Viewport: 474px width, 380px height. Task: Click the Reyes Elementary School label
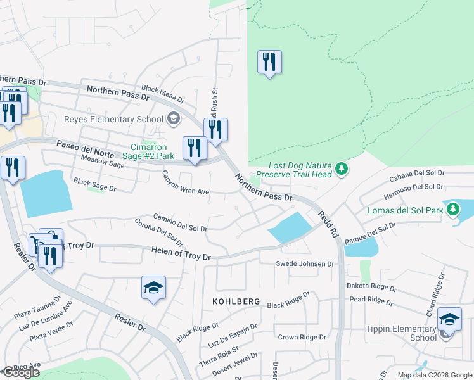113,120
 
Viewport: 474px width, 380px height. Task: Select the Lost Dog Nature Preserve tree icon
342,168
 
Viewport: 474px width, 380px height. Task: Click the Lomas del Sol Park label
406,210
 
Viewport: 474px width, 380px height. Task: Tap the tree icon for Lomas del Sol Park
452,210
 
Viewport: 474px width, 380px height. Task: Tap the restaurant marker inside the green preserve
269,63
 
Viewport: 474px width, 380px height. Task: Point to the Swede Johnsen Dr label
305,263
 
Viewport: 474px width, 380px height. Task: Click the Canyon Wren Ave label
185,182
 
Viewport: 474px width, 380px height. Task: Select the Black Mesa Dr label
163,94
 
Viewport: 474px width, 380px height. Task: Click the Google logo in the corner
20,372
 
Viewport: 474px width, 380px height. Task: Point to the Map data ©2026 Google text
434,375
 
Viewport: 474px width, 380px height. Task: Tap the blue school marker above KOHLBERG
153,288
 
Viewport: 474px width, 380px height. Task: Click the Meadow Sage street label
98,164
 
